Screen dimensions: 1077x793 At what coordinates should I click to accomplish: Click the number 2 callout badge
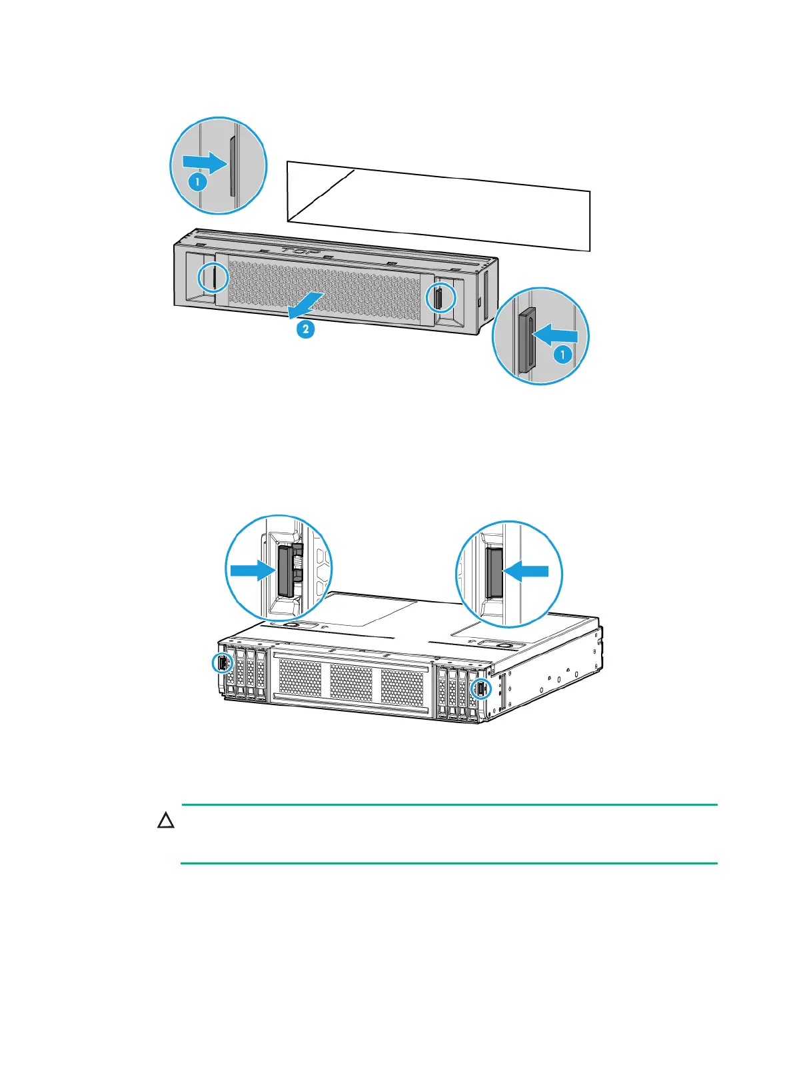click(x=305, y=329)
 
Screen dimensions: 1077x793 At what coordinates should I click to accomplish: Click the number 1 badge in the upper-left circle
click(x=197, y=181)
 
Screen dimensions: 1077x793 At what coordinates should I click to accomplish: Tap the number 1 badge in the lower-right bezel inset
click(x=562, y=355)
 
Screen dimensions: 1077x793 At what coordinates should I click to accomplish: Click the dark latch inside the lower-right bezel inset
click(x=526, y=340)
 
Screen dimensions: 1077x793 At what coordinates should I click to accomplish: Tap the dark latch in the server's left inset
click(x=284, y=569)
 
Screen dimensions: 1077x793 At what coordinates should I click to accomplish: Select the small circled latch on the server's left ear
click(x=221, y=663)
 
